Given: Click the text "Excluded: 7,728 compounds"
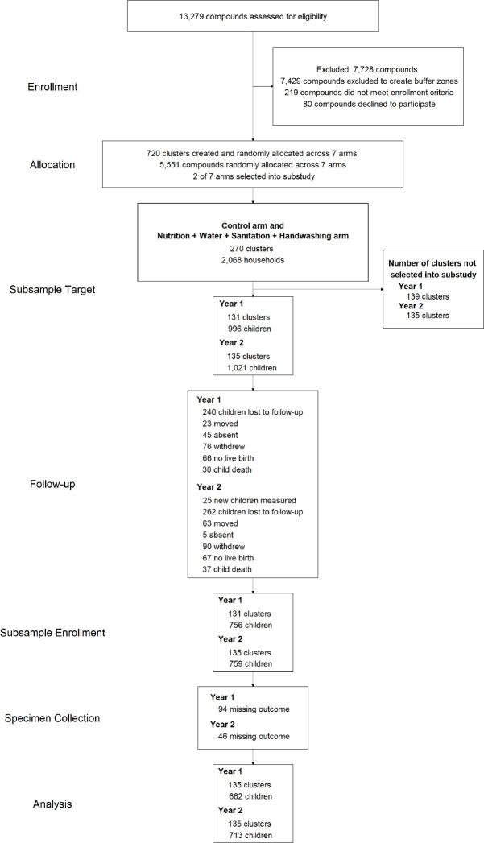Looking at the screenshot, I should (369, 70).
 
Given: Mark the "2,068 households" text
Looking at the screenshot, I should (254, 260).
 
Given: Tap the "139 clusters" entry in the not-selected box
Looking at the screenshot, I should (429, 297).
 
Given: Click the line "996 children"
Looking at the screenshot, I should (251, 329).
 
